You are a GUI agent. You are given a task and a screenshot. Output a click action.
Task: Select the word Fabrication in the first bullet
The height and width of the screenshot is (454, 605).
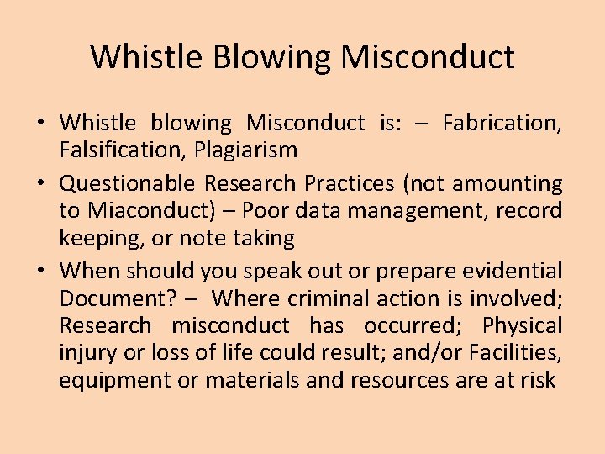click(502, 124)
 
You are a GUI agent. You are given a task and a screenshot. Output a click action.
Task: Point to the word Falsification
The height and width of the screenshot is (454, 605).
click(118, 150)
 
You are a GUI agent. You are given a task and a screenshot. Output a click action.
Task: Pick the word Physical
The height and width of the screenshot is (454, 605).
click(520, 325)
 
